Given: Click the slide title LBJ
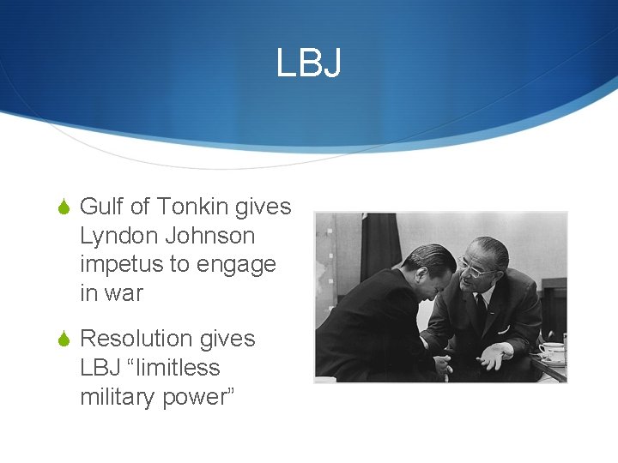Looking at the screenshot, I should coord(308,63).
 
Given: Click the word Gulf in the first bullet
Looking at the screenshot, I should coord(102,207).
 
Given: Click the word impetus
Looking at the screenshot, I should coord(120,265).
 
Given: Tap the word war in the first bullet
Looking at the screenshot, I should coord(124,293).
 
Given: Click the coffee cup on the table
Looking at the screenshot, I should coord(551,352).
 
